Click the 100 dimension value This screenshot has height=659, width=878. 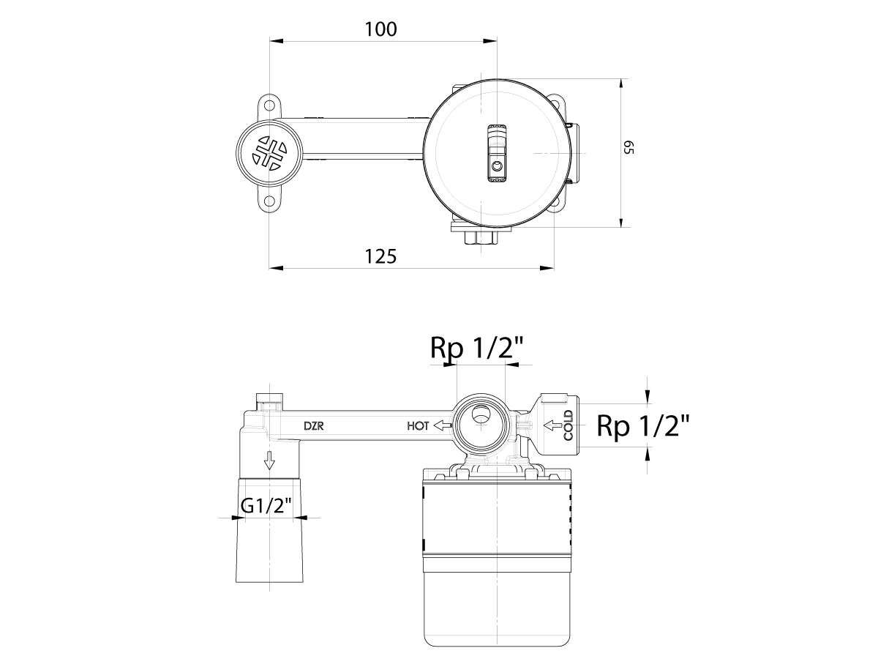tap(380, 29)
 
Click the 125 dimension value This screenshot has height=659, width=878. tap(380, 256)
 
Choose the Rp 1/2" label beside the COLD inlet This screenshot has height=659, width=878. tap(642, 425)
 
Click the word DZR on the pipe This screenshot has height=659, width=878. tap(315, 425)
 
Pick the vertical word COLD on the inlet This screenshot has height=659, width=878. tap(569, 425)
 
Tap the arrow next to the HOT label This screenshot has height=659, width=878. tap(442, 425)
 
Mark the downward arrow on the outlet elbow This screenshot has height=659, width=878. tap(269, 461)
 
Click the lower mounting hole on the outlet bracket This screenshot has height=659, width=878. tap(269, 201)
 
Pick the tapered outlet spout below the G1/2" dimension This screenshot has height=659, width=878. tap(269, 549)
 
